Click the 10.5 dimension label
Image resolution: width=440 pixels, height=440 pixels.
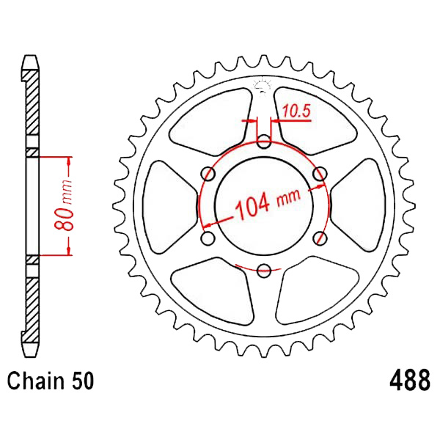click(296, 111)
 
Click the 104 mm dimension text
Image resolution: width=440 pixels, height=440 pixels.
click(268, 203)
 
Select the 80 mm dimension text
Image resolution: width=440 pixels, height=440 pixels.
click(64, 205)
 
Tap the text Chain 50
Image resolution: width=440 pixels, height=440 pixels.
click(51, 381)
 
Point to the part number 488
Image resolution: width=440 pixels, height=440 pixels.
click(410, 380)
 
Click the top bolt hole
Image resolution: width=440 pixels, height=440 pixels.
click(264, 142)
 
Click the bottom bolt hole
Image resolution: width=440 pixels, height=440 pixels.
click(264, 270)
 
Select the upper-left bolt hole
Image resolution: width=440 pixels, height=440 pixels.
click(208, 174)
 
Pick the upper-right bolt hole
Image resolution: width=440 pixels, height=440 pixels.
click(320, 174)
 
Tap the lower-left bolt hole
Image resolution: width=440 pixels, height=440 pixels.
click(208, 238)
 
